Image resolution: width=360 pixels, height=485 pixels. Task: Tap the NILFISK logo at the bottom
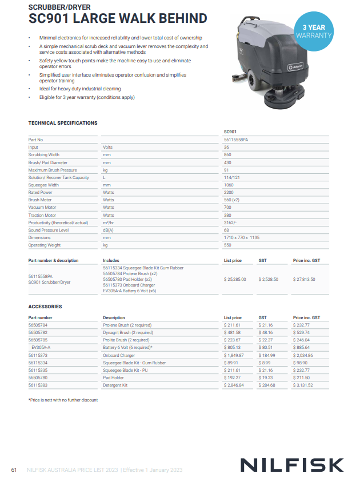[x=291, y=464]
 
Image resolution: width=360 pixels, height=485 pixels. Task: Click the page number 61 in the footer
[x=14, y=470]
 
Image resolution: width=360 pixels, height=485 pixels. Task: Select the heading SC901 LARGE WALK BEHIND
[x=118, y=19]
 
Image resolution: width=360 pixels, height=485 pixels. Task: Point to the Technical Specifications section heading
[x=63, y=123]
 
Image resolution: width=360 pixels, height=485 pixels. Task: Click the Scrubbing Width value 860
[x=227, y=154]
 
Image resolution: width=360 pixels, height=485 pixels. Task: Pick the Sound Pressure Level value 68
[x=227, y=230]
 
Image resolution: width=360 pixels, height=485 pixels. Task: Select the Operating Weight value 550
[x=228, y=245]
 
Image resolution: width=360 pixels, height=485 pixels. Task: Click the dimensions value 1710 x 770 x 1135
[x=242, y=237]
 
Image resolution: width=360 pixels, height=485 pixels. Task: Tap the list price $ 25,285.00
[x=235, y=279]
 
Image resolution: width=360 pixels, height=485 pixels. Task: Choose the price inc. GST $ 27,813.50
[x=304, y=279]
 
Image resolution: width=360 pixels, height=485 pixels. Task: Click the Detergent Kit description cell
[x=115, y=385]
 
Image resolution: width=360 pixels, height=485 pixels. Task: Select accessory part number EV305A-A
[x=41, y=347]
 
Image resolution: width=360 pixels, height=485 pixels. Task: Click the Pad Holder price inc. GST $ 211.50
[x=303, y=377]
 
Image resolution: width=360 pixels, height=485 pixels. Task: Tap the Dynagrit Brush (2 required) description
[x=127, y=332]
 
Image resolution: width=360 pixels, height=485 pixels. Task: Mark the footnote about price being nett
[x=63, y=400]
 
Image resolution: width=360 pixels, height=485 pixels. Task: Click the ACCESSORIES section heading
[x=45, y=307]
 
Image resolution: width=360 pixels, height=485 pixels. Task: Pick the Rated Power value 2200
[x=229, y=192]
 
